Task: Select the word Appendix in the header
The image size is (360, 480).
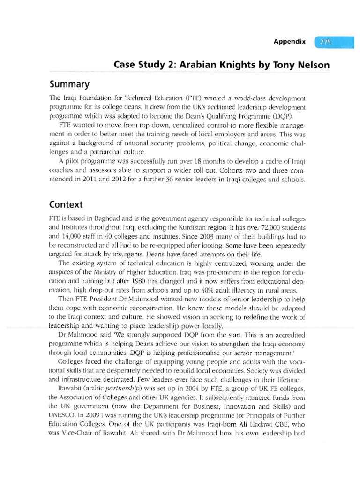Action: (290, 42)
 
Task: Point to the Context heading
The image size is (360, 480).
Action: (66, 204)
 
